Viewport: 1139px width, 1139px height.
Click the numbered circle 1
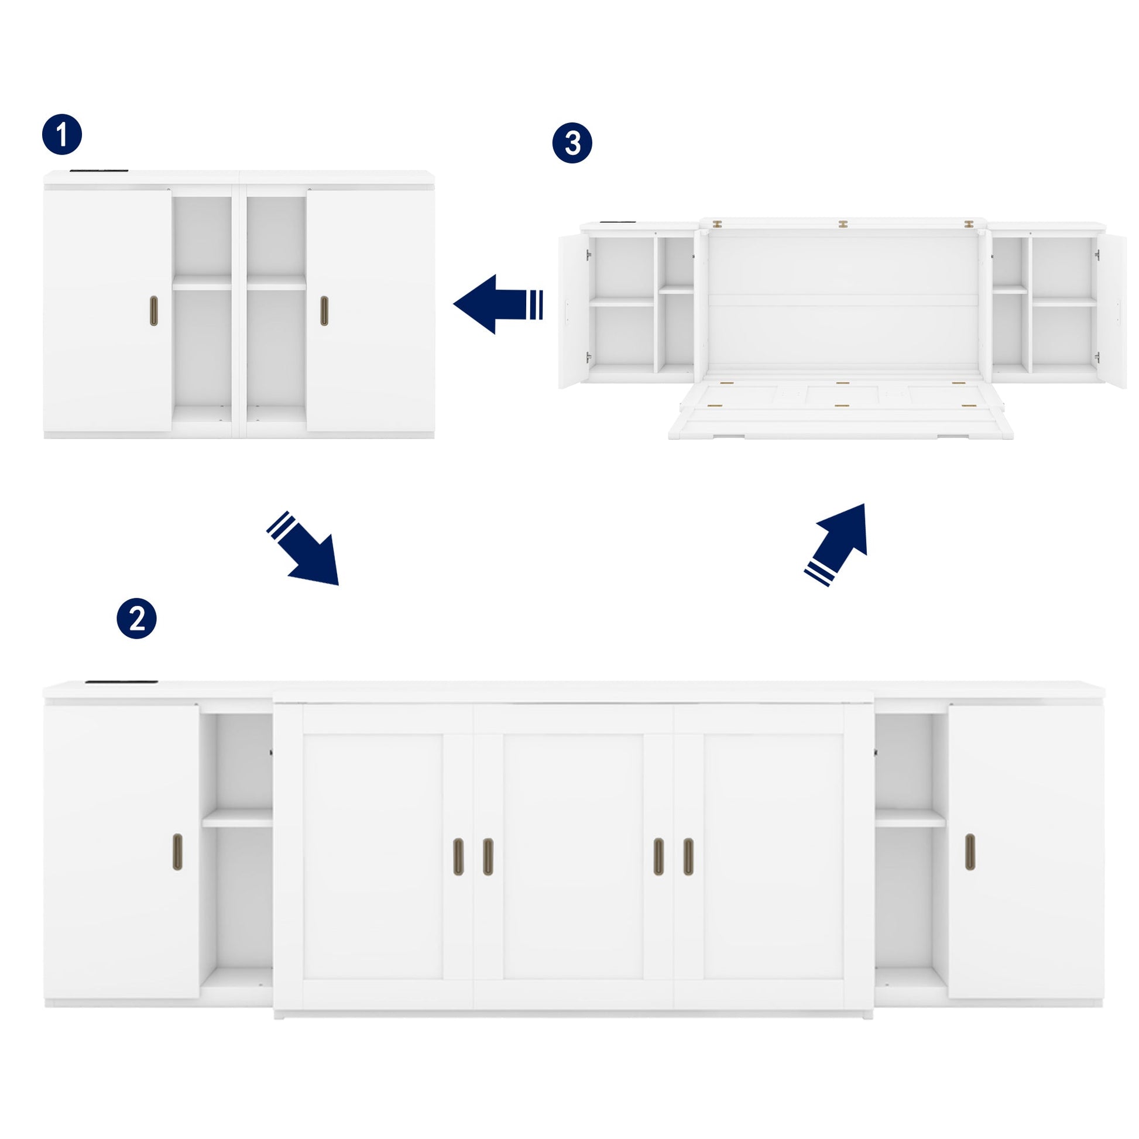point(62,135)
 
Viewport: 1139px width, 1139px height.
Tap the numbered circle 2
point(136,619)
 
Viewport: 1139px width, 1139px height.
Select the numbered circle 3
point(572,143)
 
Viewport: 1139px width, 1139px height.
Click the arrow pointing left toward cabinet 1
point(498,304)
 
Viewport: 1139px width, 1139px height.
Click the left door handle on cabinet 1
point(154,311)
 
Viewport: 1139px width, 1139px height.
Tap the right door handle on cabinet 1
point(324,311)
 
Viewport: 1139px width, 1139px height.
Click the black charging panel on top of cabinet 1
point(99,171)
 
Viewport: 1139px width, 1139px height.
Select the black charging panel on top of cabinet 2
point(121,682)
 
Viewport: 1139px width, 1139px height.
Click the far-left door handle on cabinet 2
point(177,852)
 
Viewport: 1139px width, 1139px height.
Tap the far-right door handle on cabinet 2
point(970,852)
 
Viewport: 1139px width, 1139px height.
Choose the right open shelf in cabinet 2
point(910,818)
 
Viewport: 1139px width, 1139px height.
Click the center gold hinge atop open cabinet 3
point(843,224)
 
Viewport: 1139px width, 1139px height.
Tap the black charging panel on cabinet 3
point(617,223)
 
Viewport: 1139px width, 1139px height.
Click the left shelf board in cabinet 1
point(201,283)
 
